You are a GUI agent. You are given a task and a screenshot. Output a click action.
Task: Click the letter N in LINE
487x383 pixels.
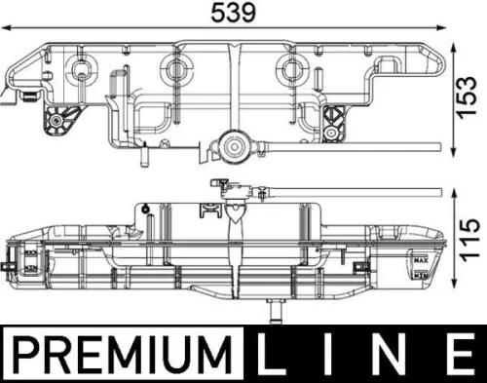391,354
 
